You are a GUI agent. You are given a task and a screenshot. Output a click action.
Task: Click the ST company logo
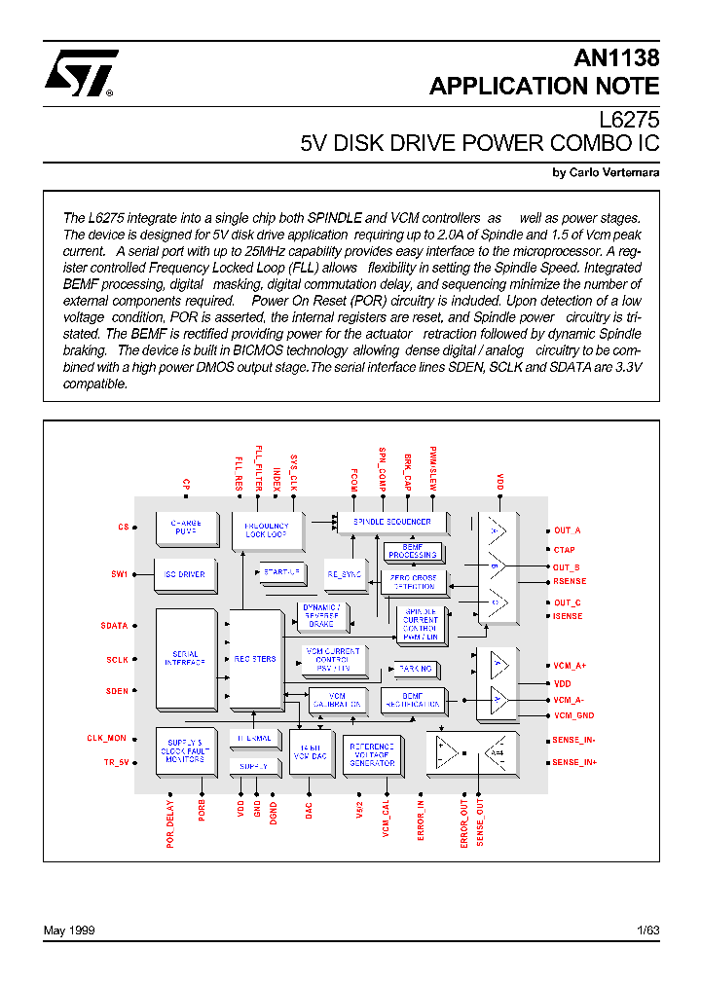(x=80, y=74)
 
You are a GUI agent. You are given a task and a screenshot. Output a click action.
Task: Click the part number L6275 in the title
(x=629, y=120)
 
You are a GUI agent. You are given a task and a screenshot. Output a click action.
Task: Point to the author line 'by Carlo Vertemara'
(x=606, y=172)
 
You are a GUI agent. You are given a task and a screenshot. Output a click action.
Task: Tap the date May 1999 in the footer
(x=69, y=930)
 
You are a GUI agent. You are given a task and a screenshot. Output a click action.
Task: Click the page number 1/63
(x=647, y=930)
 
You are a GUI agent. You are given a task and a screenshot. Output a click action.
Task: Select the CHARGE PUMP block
(x=185, y=528)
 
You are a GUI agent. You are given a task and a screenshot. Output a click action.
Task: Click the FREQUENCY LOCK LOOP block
(x=266, y=530)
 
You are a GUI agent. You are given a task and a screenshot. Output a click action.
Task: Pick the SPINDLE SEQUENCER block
(x=391, y=523)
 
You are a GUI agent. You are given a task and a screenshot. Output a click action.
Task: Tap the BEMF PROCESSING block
(x=413, y=551)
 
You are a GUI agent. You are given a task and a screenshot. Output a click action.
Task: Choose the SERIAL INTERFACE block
(x=185, y=659)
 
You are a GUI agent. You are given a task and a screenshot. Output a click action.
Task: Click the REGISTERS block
(x=254, y=659)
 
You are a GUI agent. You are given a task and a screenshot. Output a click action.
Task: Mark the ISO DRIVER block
(x=185, y=574)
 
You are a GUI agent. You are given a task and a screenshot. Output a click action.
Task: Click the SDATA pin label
(x=114, y=626)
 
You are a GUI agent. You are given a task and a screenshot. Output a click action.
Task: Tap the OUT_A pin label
(x=567, y=530)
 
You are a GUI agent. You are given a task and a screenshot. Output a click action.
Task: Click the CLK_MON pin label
(x=107, y=739)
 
